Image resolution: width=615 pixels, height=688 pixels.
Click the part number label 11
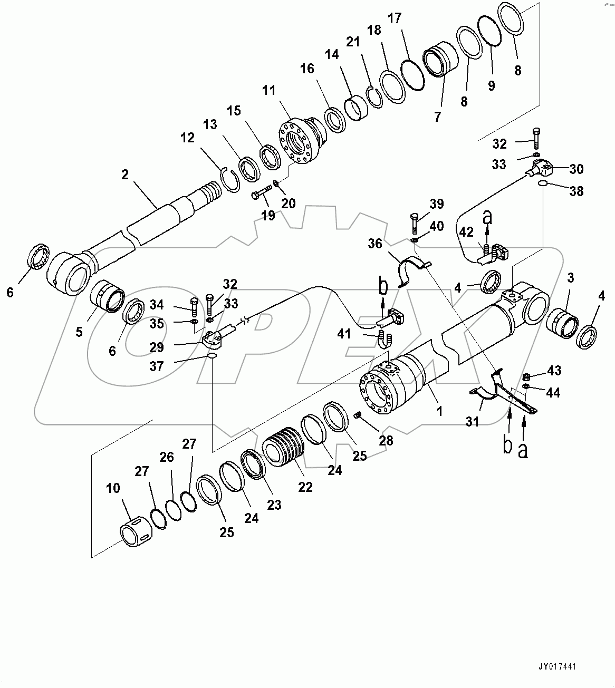[269, 90]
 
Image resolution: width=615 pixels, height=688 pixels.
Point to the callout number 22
[305, 487]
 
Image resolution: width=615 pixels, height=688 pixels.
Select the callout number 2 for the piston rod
[125, 175]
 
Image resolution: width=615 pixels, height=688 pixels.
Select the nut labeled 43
[526, 376]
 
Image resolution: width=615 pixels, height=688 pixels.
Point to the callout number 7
[437, 117]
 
